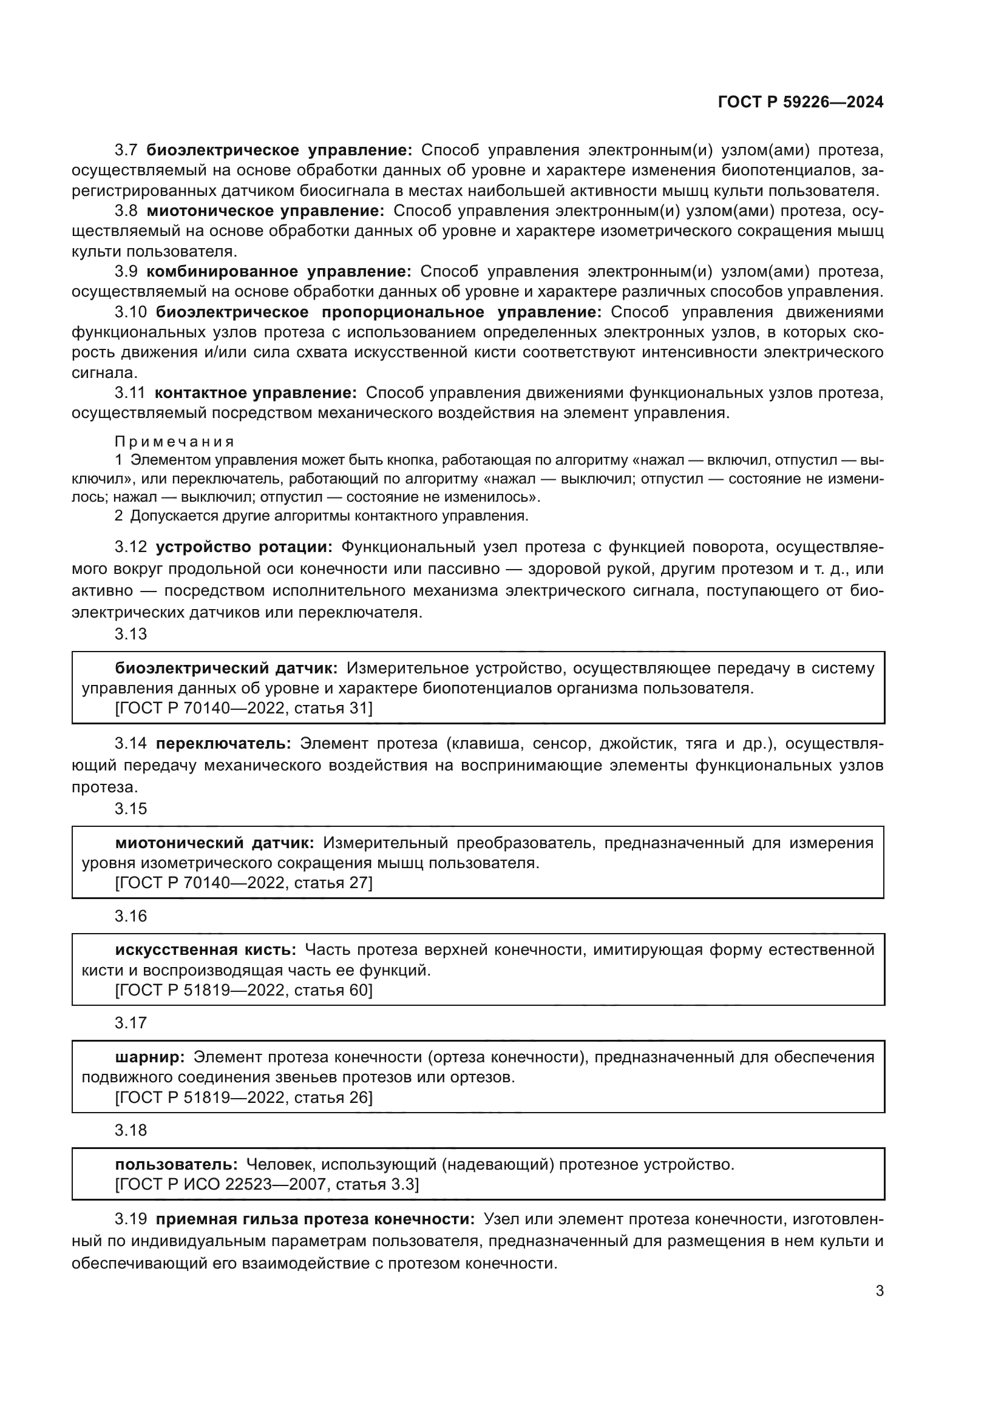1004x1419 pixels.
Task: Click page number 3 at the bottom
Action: (x=879, y=1290)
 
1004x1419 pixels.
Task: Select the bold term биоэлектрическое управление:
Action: (x=279, y=150)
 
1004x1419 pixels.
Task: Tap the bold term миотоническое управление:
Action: (x=265, y=211)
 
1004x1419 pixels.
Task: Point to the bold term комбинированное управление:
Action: (x=279, y=271)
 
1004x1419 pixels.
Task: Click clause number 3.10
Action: (x=130, y=312)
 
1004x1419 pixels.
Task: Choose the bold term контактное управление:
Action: (x=256, y=393)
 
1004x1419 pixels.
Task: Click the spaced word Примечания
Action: (x=174, y=441)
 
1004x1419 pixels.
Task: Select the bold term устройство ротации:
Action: (x=244, y=547)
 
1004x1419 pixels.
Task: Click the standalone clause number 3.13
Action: (x=131, y=633)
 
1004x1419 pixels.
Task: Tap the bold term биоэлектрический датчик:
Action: (x=226, y=668)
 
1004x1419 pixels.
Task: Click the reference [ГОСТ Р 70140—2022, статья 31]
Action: (x=243, y=707)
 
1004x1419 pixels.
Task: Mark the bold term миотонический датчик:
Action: (x=214, y=843)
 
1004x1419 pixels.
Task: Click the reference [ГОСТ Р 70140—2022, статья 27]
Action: (x=243, y=883)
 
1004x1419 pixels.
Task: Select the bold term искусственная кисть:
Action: (x=205, y=950)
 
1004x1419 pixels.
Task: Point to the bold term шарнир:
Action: (x=149, y=1057)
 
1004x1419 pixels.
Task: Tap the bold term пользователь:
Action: (x=176, y=1164)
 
